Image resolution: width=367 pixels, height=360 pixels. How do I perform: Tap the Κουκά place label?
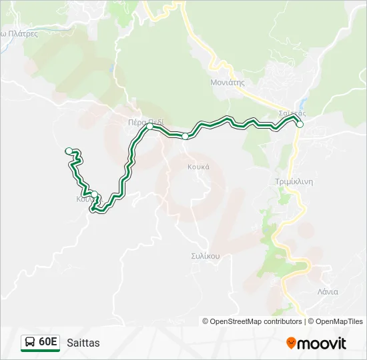(199, 167)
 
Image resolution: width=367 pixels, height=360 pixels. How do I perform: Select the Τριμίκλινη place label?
(294, 181)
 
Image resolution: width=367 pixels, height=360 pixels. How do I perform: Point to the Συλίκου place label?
(205, 255)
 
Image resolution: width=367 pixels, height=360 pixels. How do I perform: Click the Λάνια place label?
(328, 292)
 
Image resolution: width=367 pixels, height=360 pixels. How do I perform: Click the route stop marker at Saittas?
(300, 124)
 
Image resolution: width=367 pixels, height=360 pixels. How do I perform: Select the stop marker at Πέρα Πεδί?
(150, 126)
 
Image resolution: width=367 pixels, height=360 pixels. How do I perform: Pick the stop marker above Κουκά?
(185, 136)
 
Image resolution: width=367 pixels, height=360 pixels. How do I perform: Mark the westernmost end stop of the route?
(69, 151)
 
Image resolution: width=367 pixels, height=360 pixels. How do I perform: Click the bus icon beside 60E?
(30, 343)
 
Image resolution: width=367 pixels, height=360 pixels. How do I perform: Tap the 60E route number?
(48, 343)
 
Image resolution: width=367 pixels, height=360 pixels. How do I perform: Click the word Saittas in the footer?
(83, 343)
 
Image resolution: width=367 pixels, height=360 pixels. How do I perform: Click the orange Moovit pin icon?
(291, 343)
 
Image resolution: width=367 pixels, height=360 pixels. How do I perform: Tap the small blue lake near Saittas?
(304, 106)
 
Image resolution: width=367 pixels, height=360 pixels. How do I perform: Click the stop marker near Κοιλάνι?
(94, 195)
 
